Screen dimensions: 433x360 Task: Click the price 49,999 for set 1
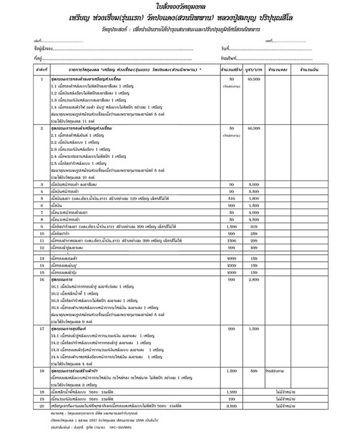pos(253,79)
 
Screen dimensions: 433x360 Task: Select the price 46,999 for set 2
pos(253,128)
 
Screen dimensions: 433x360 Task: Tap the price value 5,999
pos(253,184)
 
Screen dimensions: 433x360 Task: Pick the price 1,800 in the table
pos(253,198)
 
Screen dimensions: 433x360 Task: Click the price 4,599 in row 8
pos(253,219)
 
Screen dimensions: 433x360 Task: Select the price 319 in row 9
pos(253,226)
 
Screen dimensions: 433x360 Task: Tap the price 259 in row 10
pos(253,233)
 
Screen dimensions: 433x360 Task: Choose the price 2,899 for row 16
pos(253,279)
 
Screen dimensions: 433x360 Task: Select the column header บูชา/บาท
pos(253,71)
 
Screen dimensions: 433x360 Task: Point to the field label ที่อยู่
pos(36,58)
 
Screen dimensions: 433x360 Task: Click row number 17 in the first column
pos(41,329)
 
